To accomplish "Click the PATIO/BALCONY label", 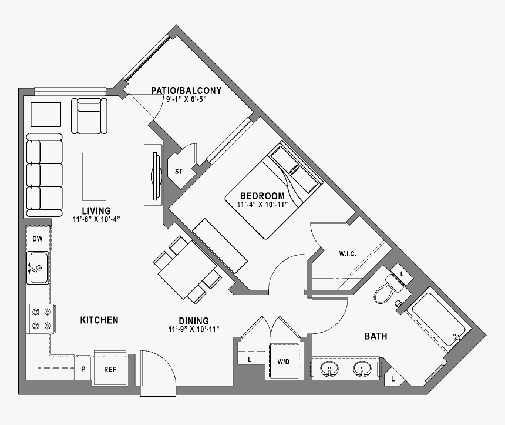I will [x=186, y=91].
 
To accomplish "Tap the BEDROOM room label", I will [x=262, y=196].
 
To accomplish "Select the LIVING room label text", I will [x=96, y=210].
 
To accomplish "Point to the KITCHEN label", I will [x=99, y=320].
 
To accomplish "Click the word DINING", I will [x=194, y=321].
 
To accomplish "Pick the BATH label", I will [x=375, y=337].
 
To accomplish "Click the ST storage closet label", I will [x=179, y=172].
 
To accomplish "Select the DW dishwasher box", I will [x=38, y=239].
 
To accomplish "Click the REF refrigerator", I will [x=110, y=370].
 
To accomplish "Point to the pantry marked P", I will [x=83, y=370].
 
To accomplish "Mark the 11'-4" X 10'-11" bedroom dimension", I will [x=262, y=205].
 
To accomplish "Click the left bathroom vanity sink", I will [x=329, y=369].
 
